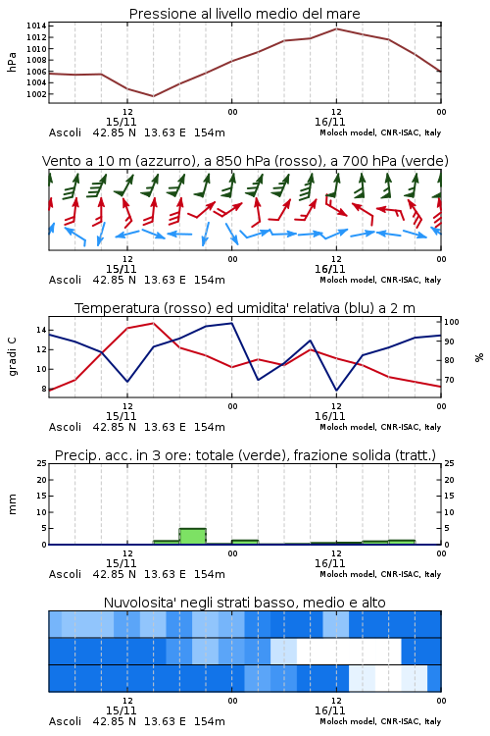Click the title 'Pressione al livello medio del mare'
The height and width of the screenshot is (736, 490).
point(244,14)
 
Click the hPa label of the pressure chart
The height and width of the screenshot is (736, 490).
point(12,62)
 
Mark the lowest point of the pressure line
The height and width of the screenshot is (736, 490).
point(153,96)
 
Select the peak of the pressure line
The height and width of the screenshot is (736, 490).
point(336,28)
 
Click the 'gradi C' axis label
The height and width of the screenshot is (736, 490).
point(12,356)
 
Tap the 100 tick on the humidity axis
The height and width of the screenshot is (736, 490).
point(452,322)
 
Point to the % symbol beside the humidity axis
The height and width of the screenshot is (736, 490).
point(479,357)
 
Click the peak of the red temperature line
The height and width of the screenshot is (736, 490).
point(153,323)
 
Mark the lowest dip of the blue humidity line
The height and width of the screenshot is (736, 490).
point(336,391)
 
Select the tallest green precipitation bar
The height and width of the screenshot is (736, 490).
point(193,537)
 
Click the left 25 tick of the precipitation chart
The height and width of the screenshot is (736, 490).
point(42,463)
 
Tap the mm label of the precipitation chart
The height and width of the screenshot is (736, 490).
point(12,503)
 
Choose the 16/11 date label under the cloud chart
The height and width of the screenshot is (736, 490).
point(329,710)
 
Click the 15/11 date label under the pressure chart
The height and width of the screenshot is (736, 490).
point(121,122)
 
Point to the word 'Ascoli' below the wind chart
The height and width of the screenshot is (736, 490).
point(65,280)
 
